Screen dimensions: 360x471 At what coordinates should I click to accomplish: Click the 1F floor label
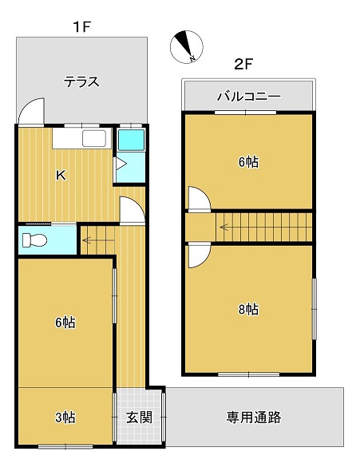point(81,27)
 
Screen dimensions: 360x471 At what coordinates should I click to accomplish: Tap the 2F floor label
point(243,64)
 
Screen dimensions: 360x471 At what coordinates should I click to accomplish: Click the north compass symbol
point(187,47)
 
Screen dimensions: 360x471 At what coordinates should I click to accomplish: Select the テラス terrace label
point(81,81)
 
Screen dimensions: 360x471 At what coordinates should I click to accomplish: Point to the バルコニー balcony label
point(249,97)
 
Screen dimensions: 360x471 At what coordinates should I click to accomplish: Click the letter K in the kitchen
point(61,175)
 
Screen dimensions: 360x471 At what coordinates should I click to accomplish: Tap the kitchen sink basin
point(94,138)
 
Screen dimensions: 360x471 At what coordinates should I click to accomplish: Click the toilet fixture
point(35,240)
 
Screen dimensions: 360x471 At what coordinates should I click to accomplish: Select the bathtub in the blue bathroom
point(131,140)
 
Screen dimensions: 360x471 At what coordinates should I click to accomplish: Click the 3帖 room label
point(65,418)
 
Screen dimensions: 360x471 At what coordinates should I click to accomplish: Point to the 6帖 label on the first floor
point(65,323)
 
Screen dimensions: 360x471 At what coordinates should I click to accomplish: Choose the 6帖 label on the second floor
point(248,162)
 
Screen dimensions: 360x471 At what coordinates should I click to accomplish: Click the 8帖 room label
point(248,309)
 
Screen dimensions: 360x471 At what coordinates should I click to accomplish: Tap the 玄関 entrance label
point(139,418)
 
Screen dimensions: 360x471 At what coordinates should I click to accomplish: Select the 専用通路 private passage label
point(254,417)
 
